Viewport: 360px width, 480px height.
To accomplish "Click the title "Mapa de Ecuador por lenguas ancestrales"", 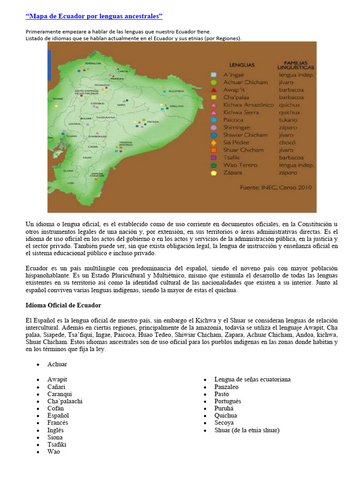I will click(94, 17).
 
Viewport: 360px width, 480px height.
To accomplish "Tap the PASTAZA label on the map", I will click(153, 121).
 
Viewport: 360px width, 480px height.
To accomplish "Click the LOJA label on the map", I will click(71, 183).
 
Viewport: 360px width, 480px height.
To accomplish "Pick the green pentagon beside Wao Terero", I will click(214, 165).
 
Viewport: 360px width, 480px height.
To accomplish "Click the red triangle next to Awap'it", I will click(214, 90).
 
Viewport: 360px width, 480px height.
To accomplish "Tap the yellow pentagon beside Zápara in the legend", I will click(214, 172).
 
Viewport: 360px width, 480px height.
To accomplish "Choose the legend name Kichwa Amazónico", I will click(248, 105).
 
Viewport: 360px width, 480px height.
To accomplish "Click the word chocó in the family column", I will click(287, 142).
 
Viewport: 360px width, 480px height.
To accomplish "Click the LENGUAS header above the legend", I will click(242, 65).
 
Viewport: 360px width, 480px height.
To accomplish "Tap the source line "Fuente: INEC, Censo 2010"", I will click(276, 187).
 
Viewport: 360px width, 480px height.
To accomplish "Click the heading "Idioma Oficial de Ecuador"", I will click(63, 305).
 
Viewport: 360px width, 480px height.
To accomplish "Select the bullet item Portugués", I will click(228, 401).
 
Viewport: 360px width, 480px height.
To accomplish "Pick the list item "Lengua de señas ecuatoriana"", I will click(252, 379).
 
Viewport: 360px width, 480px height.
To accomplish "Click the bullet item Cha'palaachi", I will click(65, 401).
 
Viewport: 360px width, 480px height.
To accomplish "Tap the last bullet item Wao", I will click(53, 452).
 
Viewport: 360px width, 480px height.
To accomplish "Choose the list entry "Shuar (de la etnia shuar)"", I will click(247, 430).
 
